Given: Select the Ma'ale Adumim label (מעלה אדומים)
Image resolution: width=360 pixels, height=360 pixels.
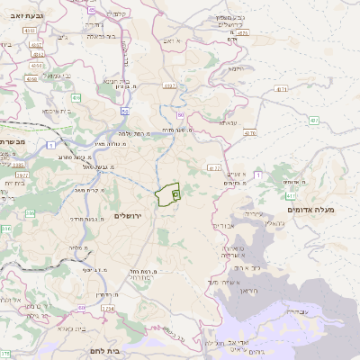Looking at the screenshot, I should coord(311,210).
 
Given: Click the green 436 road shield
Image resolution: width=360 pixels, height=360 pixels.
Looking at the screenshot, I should coord(76,97).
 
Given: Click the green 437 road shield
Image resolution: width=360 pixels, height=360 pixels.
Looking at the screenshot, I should coord(312,119).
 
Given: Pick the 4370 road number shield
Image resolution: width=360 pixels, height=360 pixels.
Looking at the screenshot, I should coord(249,133).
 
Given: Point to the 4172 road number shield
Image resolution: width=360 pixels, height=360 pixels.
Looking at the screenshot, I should coord(213,167).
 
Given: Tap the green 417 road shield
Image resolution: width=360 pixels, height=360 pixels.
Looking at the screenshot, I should coord(292,194).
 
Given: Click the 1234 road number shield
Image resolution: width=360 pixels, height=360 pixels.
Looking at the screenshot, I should coord(108,308).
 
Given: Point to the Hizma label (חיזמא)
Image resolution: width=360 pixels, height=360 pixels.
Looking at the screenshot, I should coord(236,68).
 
